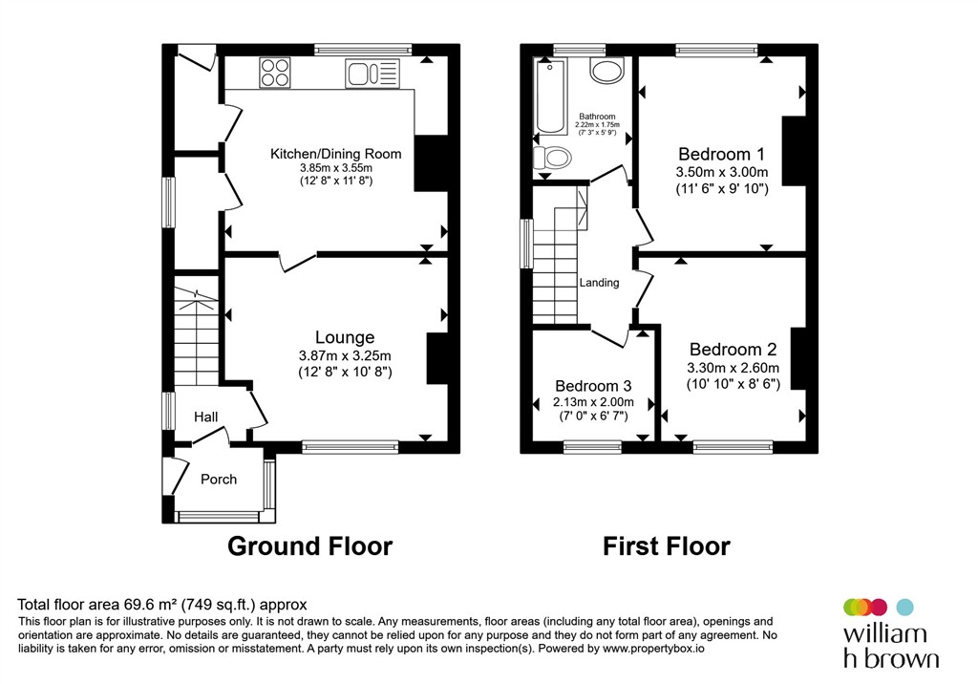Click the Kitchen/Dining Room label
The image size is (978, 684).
[x=335, y=154]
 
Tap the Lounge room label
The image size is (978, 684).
[x=345, y=337]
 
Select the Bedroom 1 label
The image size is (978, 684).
[x=722, y=154]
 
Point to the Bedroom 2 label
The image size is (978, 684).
[x=733, y=349]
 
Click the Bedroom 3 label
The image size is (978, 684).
[x=593, y=386]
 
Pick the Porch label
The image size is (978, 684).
[x=219, y=480]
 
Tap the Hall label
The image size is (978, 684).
[x=206, y=417]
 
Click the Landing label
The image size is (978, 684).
[x=600, y=283]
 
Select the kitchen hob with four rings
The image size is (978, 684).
[x=275, y=72]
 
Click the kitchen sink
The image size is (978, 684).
[x=372, y=74]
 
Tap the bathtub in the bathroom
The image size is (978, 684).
[x=550, y=96]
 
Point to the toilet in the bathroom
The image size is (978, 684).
[x=553, y=158]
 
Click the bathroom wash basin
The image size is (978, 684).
[x=606, y=70]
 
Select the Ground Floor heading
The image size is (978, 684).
[x=310, y=546]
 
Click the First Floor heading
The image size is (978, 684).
[x=666, y=546]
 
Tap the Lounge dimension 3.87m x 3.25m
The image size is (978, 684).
[x=345, y=355]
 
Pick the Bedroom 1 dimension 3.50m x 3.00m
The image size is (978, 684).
[x=722, y=172]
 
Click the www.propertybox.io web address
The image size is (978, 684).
[x=653, y=649]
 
